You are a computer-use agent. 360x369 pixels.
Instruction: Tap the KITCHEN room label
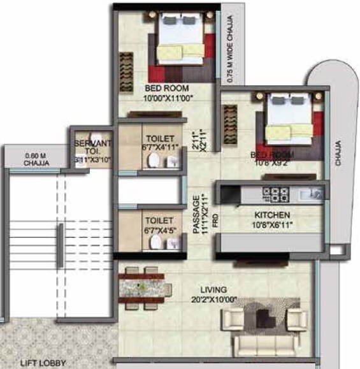[272, 215]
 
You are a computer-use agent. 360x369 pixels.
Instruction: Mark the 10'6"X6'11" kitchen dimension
[272, 226]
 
